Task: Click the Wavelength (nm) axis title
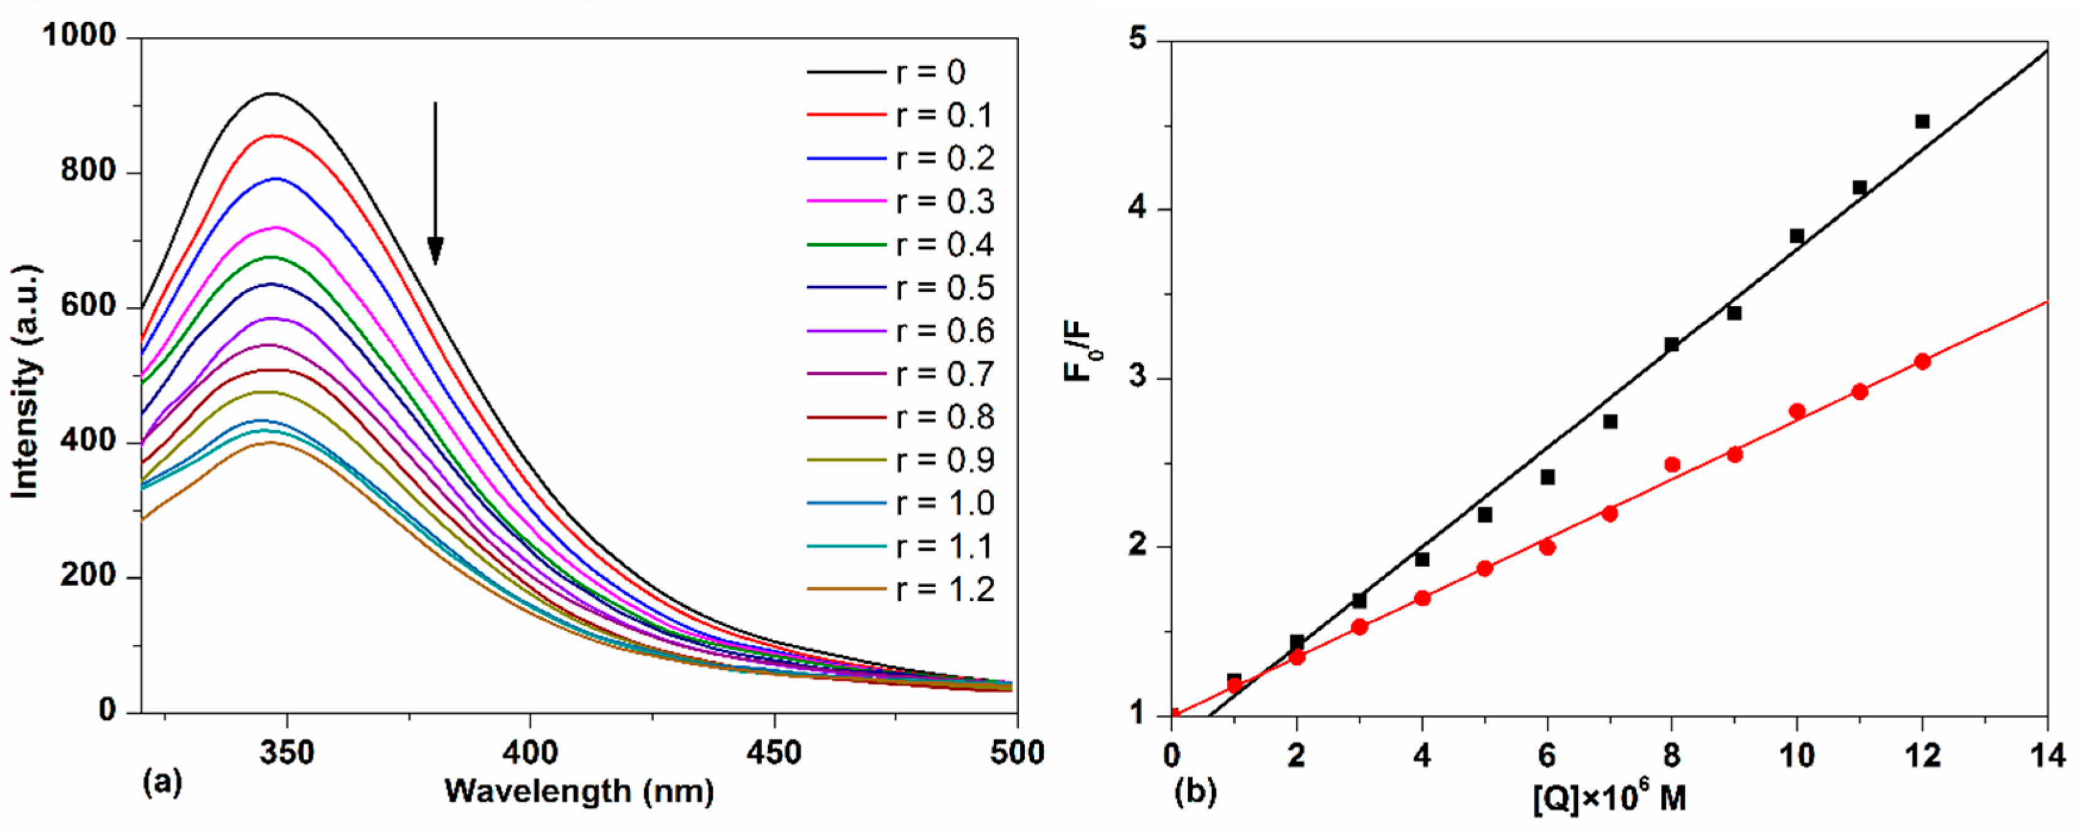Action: point(579,792)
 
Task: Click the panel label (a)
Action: point(162,782)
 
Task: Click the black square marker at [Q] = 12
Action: point(1922,121)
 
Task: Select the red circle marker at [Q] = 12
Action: point(1922,361)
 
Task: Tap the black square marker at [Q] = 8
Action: point(1672,345)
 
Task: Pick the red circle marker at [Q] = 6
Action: point(1547,547)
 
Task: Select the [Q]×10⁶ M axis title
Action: point(1608,800)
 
